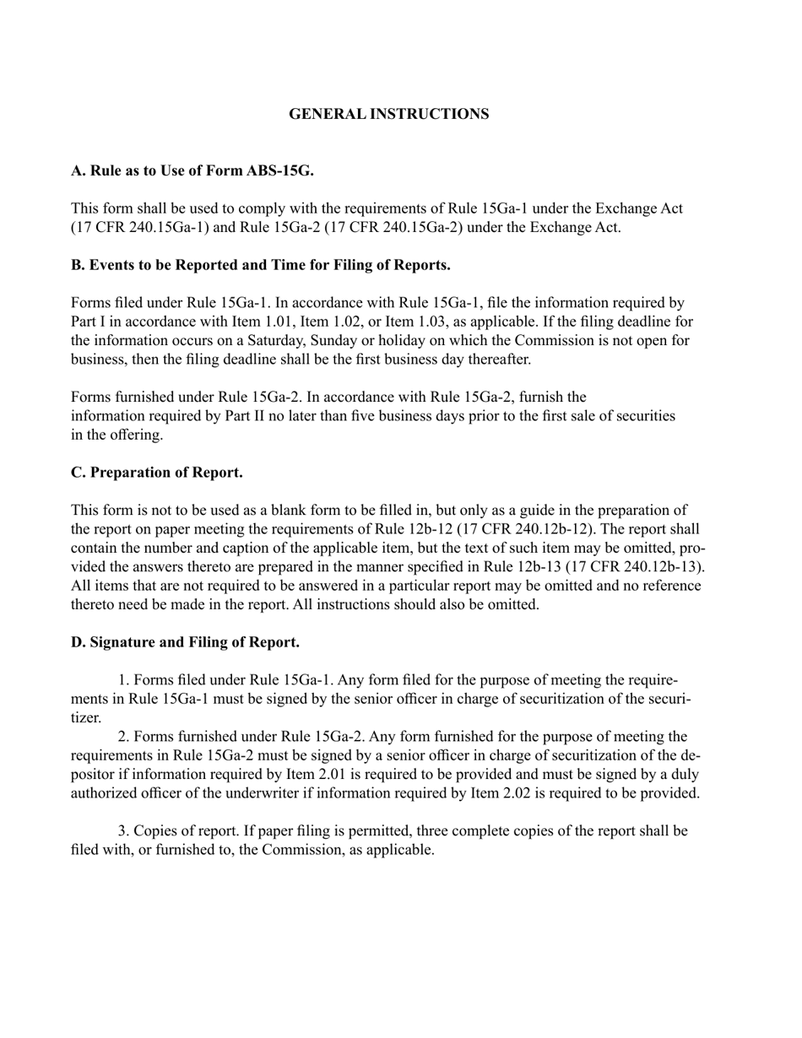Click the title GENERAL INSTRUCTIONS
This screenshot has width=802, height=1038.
(388, 114)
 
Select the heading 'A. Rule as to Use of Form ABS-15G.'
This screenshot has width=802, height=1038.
(192, 170)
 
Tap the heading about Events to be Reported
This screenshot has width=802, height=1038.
(260, 265)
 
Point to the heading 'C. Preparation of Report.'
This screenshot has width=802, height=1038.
(156, 473)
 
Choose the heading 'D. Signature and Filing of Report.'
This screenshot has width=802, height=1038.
(185, 642)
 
